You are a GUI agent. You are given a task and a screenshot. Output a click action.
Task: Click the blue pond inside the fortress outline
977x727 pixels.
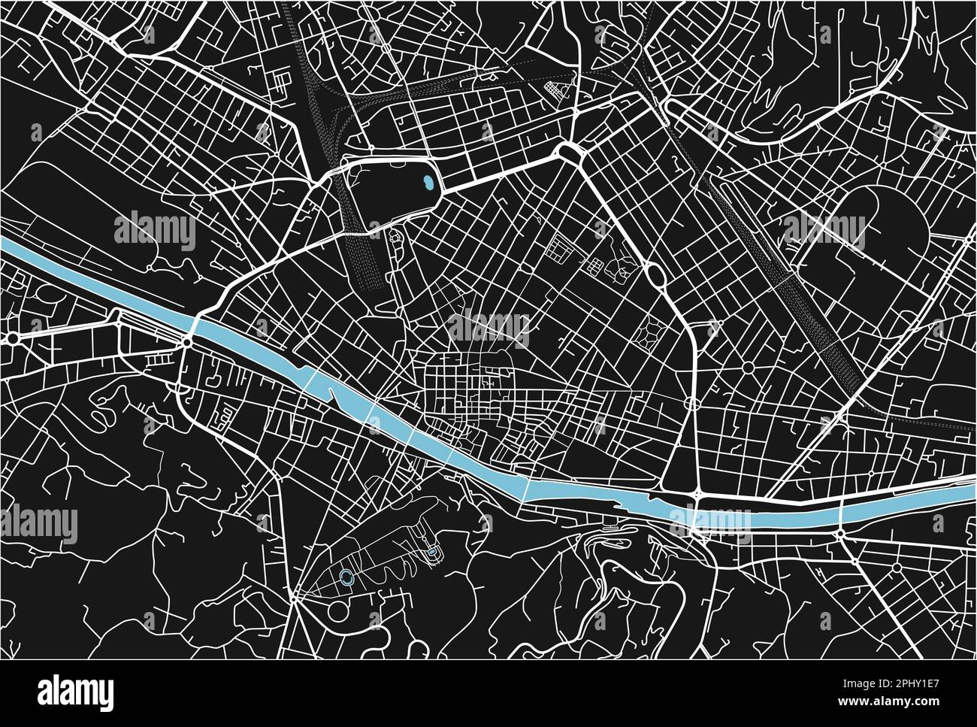[428, 182]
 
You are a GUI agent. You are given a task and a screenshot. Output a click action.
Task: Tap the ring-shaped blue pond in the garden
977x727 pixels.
[346, 577]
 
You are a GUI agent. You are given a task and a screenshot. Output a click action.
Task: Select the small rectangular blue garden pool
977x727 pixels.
[433, 555]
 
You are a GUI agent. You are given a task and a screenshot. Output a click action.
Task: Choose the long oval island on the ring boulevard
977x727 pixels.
[655, 275]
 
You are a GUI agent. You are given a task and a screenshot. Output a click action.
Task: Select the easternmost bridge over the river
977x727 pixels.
[840, 514]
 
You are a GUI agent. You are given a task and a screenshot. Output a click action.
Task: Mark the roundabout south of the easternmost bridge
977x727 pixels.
[839, 535]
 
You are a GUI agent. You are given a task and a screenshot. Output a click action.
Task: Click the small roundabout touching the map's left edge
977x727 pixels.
[13, 340]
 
